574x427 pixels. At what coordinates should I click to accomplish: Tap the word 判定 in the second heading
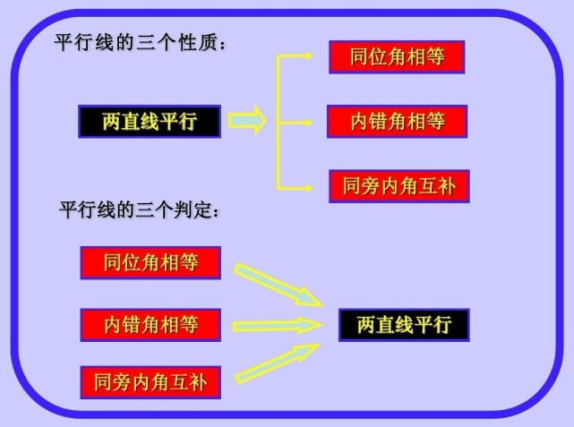[193, 209]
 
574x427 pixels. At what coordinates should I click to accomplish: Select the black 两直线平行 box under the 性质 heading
[150, 122]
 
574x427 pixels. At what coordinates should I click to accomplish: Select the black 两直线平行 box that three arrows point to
[404, 325]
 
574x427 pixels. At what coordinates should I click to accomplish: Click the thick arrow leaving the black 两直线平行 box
[247, 120]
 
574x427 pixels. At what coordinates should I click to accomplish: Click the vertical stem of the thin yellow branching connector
[278, 123]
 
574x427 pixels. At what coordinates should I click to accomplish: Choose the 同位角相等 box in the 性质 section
[397, 57]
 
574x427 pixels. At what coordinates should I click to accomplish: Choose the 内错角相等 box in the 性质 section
[398, 122]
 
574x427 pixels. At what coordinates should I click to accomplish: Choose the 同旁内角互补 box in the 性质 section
[399, 186]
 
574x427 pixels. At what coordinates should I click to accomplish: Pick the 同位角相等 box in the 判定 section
[150, 262]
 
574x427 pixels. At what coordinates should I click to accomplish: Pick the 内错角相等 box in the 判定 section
[150, 325]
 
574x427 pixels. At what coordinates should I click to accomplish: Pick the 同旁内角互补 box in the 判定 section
[150, 382]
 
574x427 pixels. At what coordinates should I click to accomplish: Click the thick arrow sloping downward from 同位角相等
[278, 284]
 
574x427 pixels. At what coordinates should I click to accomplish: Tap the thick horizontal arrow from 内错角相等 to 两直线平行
[278, 325]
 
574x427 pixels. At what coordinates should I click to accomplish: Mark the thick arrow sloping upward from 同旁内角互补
[277, 363]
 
